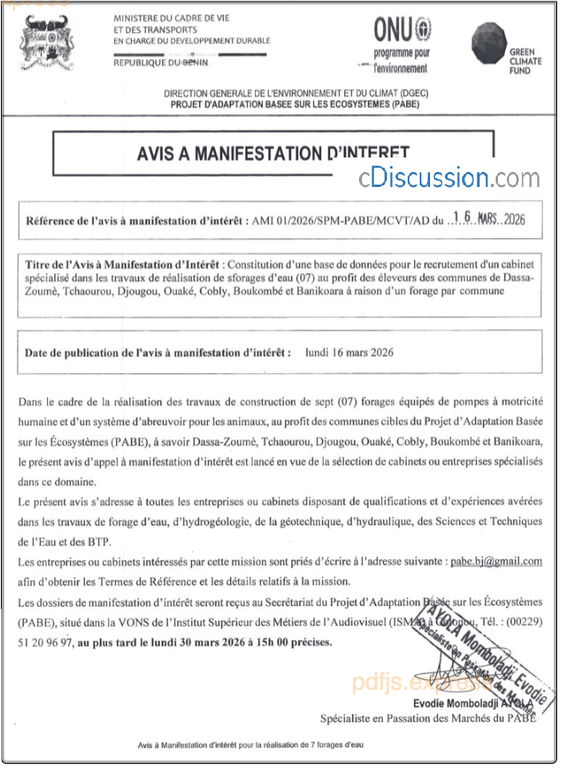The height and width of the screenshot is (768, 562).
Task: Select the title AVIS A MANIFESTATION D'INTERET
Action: point(273,153)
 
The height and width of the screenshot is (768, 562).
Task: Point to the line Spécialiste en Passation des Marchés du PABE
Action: point(428,718)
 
